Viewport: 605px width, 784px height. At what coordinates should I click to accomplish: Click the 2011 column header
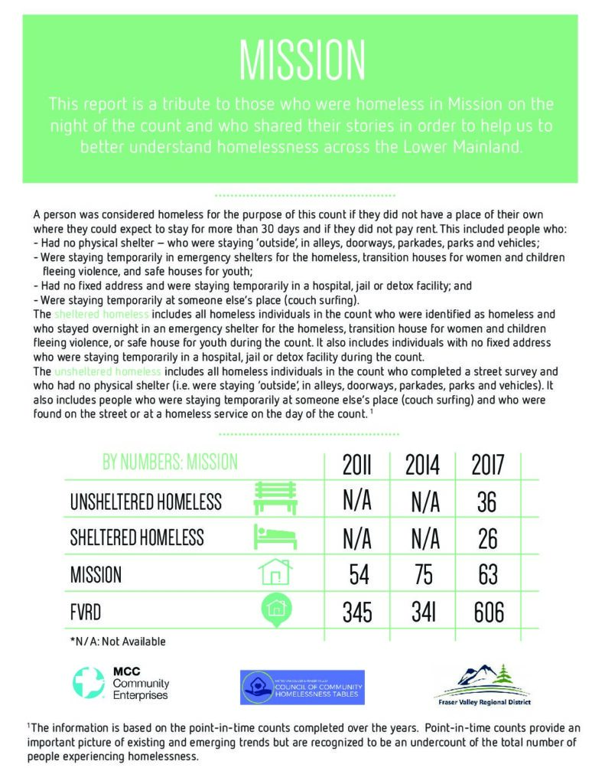click(x=356, y=464)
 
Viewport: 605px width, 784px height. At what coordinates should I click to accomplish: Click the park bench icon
click(x=275, y=499)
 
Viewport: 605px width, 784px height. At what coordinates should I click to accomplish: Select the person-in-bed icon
click(x=275, y=537)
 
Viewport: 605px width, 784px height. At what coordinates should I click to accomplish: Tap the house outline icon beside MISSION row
click(x=275, y=572)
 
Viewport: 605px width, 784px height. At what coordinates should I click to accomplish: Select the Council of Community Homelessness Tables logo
click(x=302, y=687)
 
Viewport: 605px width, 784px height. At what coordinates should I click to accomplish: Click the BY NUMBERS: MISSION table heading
click(x=170, y=462)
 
